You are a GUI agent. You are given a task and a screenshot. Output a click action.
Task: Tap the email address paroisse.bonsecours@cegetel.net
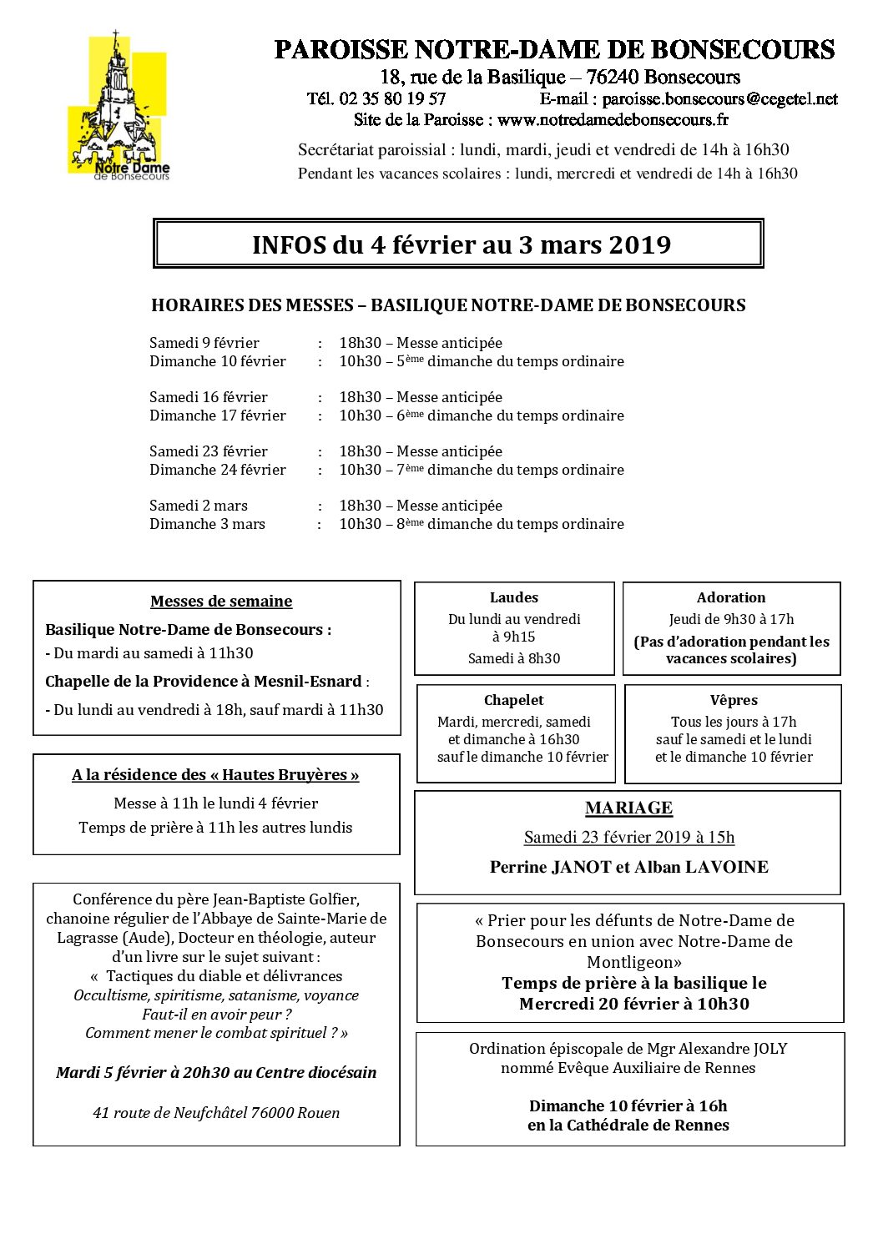[719, 99]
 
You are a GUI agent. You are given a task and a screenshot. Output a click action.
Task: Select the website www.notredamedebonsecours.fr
[613, 120]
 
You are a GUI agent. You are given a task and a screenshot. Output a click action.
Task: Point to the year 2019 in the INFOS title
[640, 245]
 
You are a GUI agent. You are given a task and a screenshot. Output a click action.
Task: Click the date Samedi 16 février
[209, 397]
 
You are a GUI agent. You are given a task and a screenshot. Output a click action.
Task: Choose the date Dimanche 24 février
[218, 470]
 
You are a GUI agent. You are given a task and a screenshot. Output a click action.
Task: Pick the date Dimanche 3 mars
[207, 524]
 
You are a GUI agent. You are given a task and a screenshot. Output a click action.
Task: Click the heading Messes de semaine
[221, 602]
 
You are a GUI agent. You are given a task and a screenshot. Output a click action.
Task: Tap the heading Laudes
[514, 597]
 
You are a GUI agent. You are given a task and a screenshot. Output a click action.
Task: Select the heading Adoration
[731, 597]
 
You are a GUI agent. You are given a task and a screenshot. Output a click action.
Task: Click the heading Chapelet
[514, 701]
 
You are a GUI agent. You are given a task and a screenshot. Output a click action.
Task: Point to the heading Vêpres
[734, 701]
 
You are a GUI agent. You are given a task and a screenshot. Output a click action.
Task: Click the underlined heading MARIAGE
[628, 808]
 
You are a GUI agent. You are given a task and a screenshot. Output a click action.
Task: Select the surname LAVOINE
[726, 867]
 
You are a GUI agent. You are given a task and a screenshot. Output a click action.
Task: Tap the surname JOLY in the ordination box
[768, 1049]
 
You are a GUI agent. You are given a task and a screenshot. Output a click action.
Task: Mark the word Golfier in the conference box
[333, 899]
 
